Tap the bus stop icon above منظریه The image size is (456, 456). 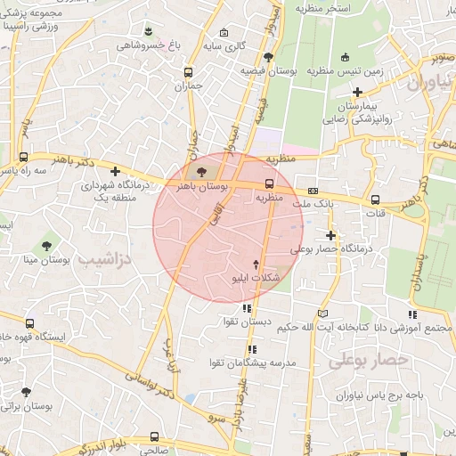(x=268, y=184)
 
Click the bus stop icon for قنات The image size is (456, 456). (x=375, y=199)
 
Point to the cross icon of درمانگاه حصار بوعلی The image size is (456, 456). (x=330, y=236)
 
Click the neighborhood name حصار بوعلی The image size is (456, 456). (x=368, y=360)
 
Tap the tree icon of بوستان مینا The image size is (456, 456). (x=46, y=245)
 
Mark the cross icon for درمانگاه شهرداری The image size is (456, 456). (x=114, y=171)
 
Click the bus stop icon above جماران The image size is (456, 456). (x=188, y=72)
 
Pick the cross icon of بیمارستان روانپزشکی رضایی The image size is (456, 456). (x=357, y=91)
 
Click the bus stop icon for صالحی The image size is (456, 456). (x=155, y=436)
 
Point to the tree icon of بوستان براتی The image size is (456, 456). (x=26, y=391)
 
